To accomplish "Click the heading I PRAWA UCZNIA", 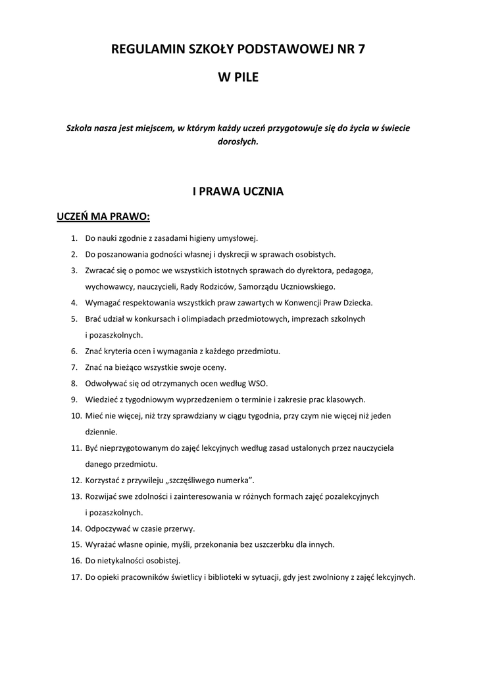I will (x=238, y=192).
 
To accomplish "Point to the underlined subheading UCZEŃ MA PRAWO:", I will (x=103, y=217).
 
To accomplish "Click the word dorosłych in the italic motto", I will (x=238, y=141).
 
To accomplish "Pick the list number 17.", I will (x=74, y=577).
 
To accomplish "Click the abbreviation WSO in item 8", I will (x=258, y=382).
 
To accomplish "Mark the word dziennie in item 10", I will (x=101, y=432).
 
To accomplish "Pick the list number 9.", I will (x=74, y=399).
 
